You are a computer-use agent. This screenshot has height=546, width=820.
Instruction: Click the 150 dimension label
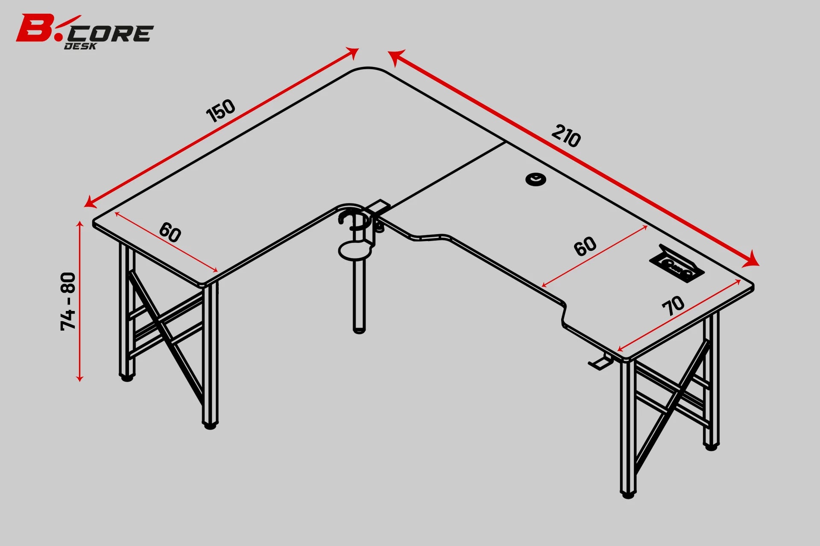pos(221,110)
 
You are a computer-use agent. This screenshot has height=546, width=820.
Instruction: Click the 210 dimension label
pos(566,136)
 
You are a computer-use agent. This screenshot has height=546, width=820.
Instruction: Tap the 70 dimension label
pos(674,305)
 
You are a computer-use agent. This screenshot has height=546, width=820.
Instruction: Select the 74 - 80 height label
pos(68,301)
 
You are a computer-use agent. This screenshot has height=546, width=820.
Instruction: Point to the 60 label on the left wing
pos(170,232)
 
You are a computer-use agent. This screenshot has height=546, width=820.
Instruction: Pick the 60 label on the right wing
pos(585,246)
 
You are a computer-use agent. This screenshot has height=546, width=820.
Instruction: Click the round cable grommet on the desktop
pos(536,180)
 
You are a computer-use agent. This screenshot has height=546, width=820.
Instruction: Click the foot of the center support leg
pos(359,329)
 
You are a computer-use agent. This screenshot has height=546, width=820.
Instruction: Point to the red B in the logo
pos(34,28)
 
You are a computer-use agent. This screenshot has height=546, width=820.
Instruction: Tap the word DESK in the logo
pos(80,46)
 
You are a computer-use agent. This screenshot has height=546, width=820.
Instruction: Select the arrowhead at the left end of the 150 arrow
pos(90,202)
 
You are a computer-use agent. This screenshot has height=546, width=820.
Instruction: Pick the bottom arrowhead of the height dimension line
pos(79,378)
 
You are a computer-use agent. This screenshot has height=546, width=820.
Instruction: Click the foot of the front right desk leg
pos(628,495)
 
